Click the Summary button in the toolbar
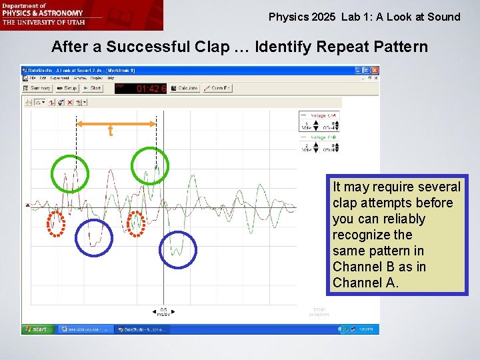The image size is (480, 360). coord(37,88)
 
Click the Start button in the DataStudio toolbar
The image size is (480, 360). coord(93,88)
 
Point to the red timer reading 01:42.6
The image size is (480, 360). coord(151,88)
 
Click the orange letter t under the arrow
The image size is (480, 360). coord(111,132)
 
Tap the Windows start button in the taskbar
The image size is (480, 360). coord(37,329)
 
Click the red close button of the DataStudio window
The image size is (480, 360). coord(375,69)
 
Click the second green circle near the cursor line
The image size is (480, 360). coord(150,165)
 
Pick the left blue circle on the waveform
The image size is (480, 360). coord(94,238)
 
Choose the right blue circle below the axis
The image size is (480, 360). coord(178,250)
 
